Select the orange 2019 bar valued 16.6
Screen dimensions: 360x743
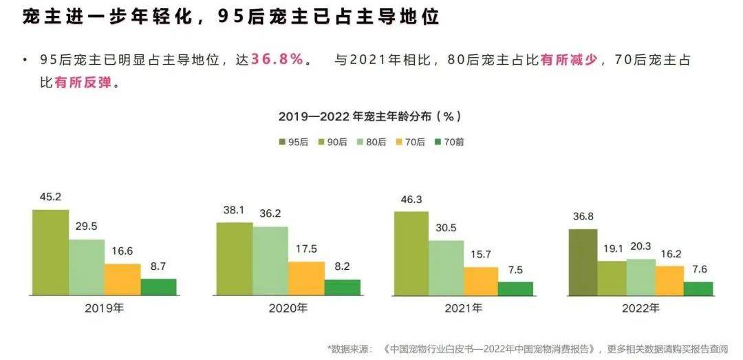[122, 279]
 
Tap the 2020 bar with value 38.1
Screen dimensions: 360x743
[234, 259]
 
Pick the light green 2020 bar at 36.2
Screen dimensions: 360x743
[270, 261]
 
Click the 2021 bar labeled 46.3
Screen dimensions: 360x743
[411, 253]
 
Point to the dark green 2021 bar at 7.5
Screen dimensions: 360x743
[515, 288]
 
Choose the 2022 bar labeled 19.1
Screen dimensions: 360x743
[611, 278]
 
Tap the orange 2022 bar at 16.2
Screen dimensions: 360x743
[669, 281]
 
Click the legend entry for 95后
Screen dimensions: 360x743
[292, 142]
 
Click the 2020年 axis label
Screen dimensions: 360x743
[288, 308]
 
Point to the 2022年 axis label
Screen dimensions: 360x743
[640, 308]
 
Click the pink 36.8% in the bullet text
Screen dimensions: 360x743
[277, 59]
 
